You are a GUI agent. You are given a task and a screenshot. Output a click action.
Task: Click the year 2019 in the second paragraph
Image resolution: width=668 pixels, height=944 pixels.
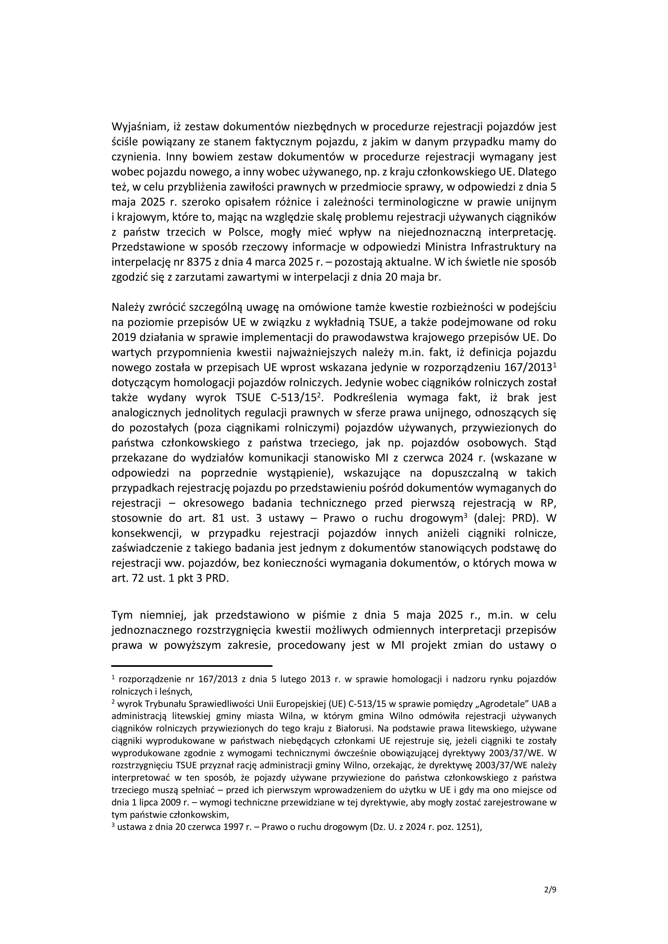tap(124, 337)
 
